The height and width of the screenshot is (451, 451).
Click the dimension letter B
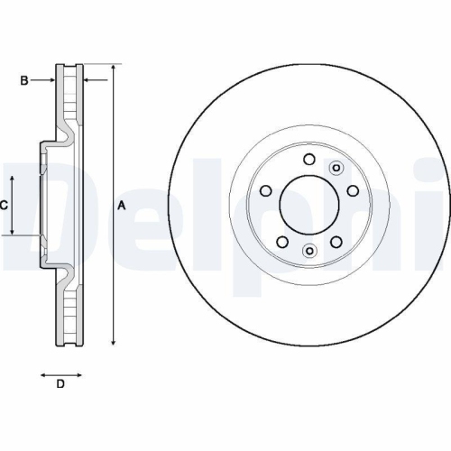tap(24, 81)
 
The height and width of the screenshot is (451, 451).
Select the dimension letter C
tap(4, 206)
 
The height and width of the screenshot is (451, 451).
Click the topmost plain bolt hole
tap(309, 160)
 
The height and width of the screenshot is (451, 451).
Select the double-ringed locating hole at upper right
tap(336, 167)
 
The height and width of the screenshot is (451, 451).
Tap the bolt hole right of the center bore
tap(352, 191)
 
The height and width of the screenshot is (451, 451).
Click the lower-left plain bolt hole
tap(281, 242)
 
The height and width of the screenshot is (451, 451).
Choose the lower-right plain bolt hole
tap(336, 242)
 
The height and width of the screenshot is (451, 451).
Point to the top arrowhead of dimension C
tap(13, 177)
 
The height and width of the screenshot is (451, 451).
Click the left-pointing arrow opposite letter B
tap(90, 81)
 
